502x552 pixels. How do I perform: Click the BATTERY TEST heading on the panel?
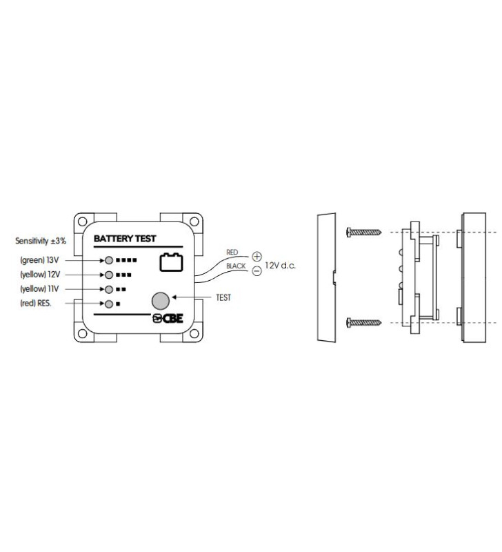pyautogui.click(x=125, y=239)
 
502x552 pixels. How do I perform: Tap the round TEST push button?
pyautogui.click(x=160, y=300)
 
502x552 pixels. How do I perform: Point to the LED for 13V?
pyautogui.click(x=109, y=261)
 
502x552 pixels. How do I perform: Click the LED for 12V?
pyautogui.click(x=109, y=275)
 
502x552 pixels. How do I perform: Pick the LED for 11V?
pyautogui.click(x=109, y=289)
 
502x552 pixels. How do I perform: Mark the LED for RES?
pyautogui.click(x=109, y=304)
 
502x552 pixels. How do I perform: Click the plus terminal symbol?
pyautogui.click(x=257, y=256)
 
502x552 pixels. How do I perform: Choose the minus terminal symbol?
pyautogui.click(x=257, y=271)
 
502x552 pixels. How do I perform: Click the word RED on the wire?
pyautogui.click(x=232, y=253)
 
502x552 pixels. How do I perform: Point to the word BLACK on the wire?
pyautogui.click(x=237, y=266)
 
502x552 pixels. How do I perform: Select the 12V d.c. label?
pyautogui.click(x=281, y=265)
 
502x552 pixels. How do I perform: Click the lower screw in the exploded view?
pyautogui.click(x=363, y=322)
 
